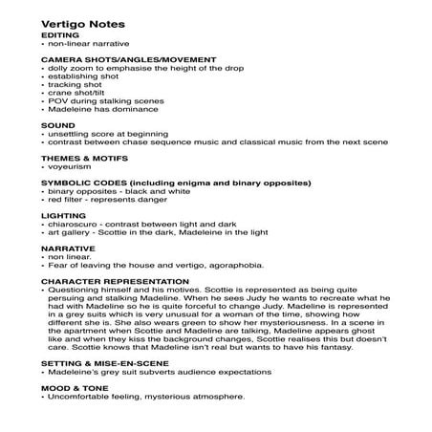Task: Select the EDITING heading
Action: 61,34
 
